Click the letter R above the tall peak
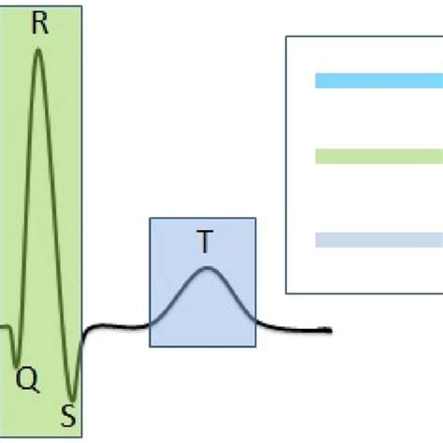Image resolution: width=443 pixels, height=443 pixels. [x=39, y=23]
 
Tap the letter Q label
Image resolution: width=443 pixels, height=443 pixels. [x=28, y=379]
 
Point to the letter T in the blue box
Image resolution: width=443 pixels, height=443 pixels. [x=205, y=243]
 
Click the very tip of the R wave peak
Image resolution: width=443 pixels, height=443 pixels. [x=38, y=49]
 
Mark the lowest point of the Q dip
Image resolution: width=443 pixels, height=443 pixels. [x=18, y=363]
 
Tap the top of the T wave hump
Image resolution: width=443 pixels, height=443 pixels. [x=207, y=270]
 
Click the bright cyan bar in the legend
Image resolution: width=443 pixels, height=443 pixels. [x=379, y=80]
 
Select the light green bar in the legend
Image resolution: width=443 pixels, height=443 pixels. [x=379, y=156]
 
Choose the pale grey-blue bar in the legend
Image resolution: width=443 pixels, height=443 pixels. [x=379, y=240]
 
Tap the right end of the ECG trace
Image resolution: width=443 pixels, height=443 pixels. [x=330, y=329]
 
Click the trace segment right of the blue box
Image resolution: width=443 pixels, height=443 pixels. [x=290, y=328]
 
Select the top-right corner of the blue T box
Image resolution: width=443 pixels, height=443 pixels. [x=255, y=219]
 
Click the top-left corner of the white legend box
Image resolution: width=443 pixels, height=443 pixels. [x=286, y=38]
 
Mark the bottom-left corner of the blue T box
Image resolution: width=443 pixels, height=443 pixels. [x=150, y=346]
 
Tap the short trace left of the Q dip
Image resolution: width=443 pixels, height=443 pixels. [x=5, y=327]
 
